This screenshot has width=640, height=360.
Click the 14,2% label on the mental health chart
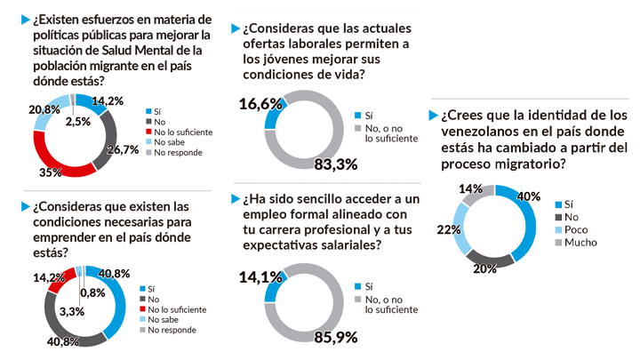(x=108, y=101)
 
